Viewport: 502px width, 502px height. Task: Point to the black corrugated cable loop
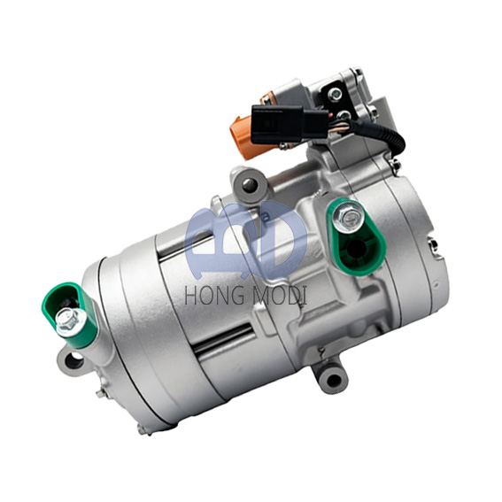(384, 136)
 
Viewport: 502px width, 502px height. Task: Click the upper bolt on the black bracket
(335, 94)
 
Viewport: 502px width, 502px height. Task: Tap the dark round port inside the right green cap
(355, 249)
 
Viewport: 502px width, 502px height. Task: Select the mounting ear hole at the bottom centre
(335, 380)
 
